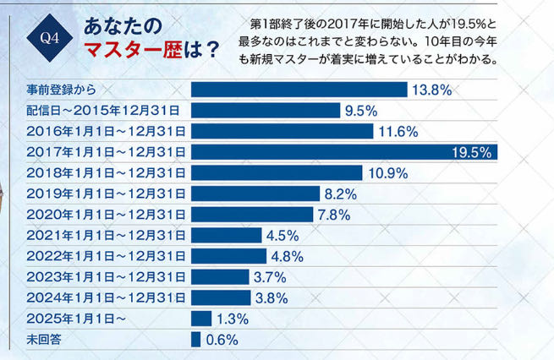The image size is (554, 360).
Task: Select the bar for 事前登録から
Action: tap(299, 90)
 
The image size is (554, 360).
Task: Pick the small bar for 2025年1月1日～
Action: tap(201, 319)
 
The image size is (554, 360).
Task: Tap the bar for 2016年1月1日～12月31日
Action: tap(282, 131)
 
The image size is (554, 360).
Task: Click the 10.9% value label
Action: tap(389, 173)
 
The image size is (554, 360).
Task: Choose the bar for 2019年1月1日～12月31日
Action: tap(255, 194)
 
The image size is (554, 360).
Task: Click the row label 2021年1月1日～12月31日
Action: tap(107, 235)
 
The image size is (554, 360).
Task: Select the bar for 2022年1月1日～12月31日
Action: tap(228, 256)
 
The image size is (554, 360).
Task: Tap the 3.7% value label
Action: tap(270, 277)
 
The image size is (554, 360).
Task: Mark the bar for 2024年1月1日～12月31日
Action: tap(222, 297)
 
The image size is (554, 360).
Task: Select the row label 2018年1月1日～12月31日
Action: tap(107, 172)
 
